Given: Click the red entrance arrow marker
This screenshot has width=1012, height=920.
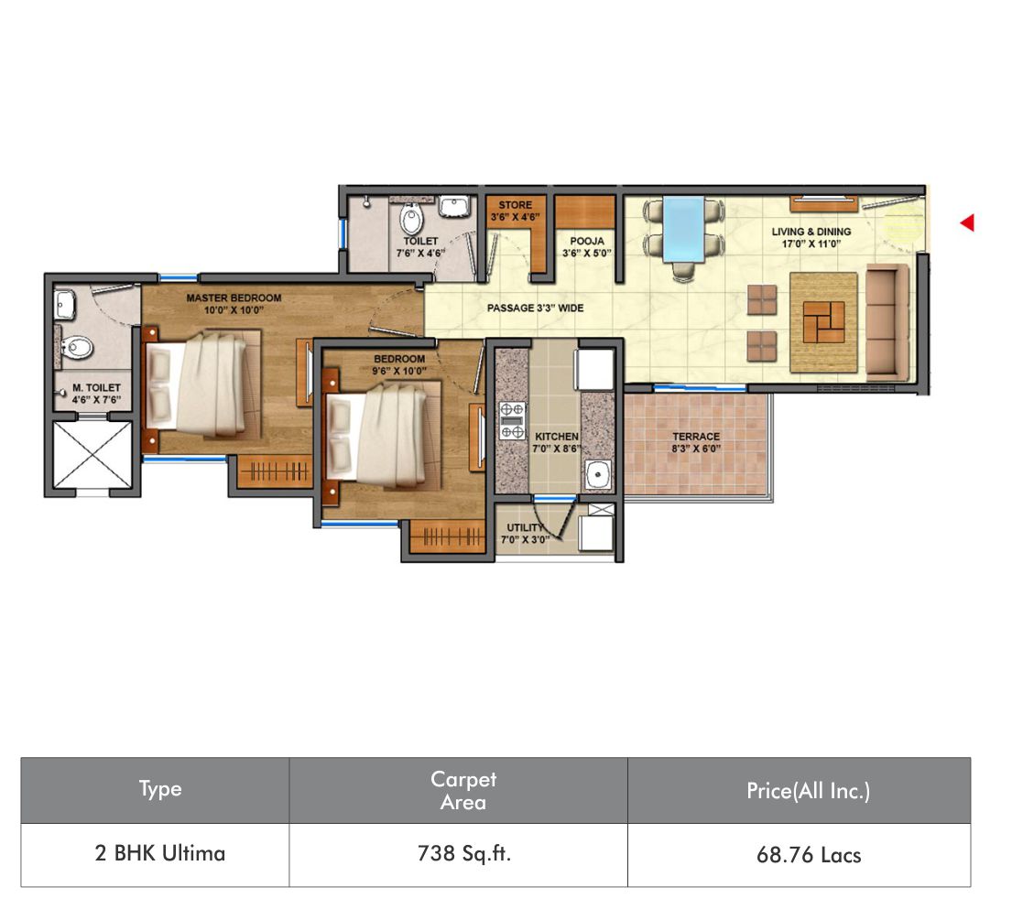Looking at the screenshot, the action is (x=967, y=222).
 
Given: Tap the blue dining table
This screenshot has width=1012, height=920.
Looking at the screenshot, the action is (x=683, y=229).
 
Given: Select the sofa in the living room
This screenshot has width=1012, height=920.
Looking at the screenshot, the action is (x=887, y=321).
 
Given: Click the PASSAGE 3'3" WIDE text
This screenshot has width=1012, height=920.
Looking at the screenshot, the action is (x=535, y=308).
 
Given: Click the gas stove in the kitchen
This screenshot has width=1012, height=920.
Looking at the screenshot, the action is (x=513, y=421).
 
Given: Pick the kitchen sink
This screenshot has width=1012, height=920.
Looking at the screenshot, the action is (x=598, y=475).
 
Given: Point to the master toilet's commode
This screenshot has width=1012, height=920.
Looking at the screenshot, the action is (x=75, y=348).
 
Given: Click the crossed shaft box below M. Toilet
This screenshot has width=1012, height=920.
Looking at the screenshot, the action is (x=92, y=455).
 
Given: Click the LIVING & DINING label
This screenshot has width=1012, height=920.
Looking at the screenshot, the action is (x=811, y=237).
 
